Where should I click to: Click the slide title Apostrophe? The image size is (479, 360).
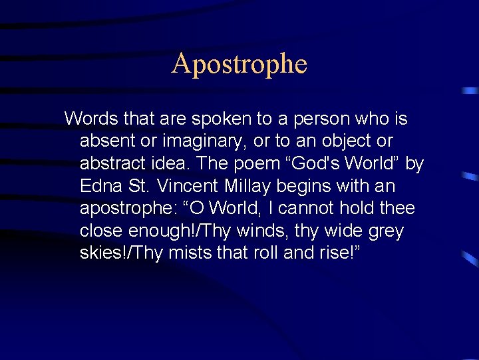tap(239, 64)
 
